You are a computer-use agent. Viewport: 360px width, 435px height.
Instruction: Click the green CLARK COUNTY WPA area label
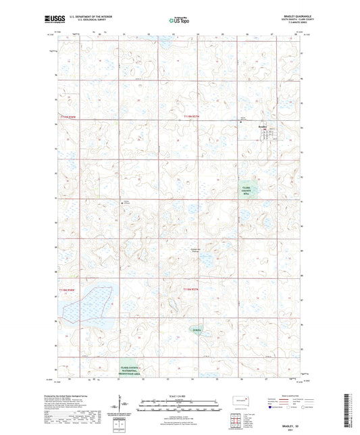coord(251,190)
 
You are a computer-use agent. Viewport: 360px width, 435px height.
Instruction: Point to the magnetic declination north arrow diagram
coord(122,408)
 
